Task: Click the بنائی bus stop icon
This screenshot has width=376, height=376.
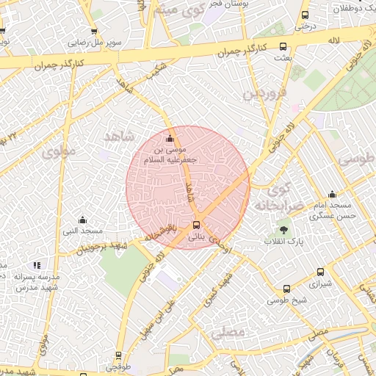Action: [196, 225]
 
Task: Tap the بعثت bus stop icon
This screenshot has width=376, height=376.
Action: [283, 46]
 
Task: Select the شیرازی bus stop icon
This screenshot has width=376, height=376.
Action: [320, 271]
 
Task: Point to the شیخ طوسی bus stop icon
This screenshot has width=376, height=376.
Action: [286, 289]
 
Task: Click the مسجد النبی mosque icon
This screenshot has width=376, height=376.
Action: [82, 220]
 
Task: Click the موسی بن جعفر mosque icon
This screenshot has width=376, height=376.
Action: [170, 139]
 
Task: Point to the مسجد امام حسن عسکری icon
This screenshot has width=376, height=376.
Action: [332, 195]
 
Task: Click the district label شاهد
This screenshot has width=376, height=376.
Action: [120, 137]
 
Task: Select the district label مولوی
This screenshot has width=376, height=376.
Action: [59, 152]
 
